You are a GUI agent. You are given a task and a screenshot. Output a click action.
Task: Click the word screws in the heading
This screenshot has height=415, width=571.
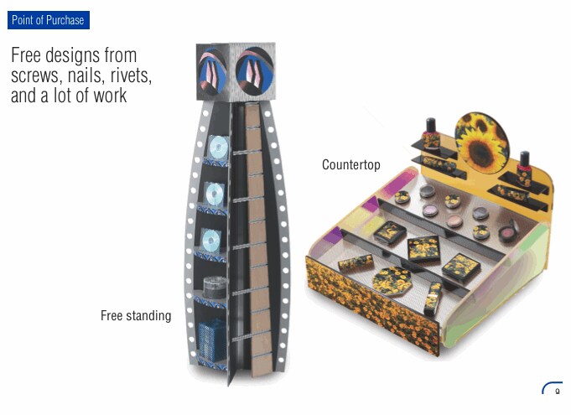pyautogui.click(x=36, y=75)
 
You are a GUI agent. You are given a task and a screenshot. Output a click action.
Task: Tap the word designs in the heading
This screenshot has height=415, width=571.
pyautogui.click(x=77, y=55)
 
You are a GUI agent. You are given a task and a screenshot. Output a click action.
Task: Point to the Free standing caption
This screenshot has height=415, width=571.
pyautogui.click(x=135, y=316)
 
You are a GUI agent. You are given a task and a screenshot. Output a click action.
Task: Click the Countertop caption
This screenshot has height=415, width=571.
pyautogui.click(x=350, y=165)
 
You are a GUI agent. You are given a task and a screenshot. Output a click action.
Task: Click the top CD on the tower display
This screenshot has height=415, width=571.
pyautogui.click(x=217, y=148)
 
